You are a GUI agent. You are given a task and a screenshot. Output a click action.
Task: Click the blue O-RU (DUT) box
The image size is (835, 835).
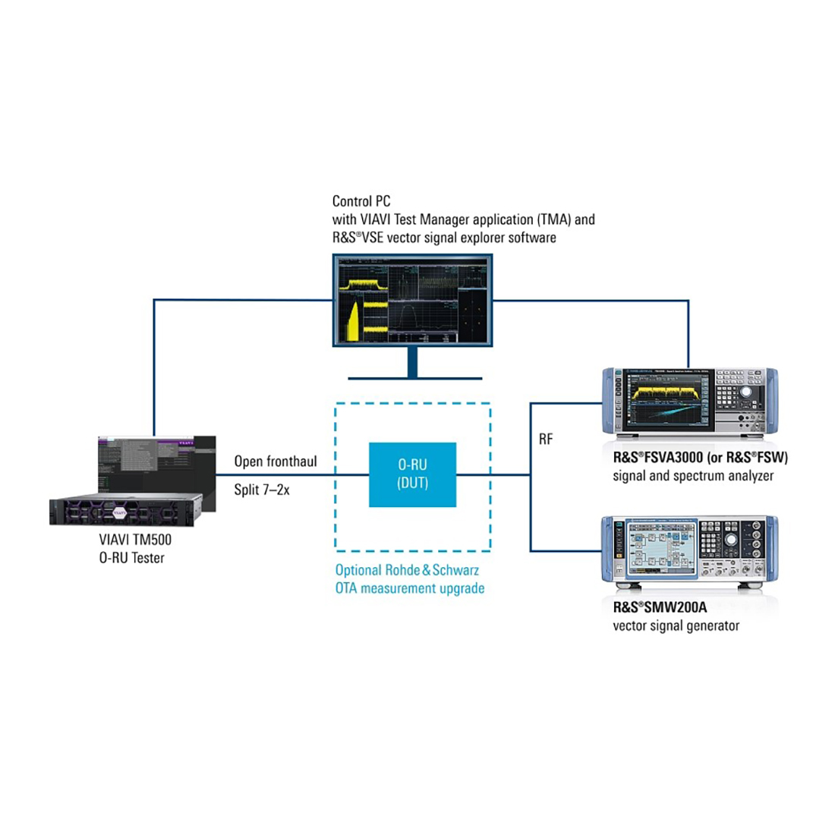click(x=412, y=474)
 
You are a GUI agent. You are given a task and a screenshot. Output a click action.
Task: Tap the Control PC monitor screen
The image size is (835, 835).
click(x=412, y=301)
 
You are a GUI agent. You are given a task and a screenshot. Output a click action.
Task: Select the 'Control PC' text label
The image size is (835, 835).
click(x=361, y=201)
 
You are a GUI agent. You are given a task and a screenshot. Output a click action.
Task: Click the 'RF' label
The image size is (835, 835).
click(x=545, y=440)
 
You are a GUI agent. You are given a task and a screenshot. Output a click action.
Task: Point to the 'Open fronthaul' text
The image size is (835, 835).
click(x=276, y=462)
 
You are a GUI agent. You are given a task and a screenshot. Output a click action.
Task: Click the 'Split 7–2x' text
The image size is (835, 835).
click(x=261, y=490)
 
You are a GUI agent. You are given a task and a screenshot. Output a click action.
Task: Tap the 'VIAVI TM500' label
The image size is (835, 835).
click(x=135, y=540)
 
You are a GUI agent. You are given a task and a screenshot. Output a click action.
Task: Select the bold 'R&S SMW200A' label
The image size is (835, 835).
click(x=660, y=607)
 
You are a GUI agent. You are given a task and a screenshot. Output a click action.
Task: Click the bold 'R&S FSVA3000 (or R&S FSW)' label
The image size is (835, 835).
click(x=700, y=458)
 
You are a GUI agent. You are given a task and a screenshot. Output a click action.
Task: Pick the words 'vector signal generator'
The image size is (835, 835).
click(x=676, y=626)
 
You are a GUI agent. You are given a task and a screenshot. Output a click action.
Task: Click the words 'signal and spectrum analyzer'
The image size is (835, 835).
click(x=693, y=476)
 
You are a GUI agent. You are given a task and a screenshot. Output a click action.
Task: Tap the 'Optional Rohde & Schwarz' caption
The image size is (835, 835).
click(x=407, y=569)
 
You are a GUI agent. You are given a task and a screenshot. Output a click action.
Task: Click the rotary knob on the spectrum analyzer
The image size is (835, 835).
click(x=746, y=392)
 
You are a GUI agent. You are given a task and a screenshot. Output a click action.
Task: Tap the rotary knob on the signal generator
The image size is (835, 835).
click(x=730, y=540)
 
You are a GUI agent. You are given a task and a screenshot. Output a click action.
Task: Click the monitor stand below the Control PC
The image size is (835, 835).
click(x=412, y=364)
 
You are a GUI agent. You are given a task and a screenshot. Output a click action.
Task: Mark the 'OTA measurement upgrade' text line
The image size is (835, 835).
click(x=410, y=588)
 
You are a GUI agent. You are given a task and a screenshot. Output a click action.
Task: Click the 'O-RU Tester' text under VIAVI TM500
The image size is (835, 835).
click(x=131, y=558)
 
